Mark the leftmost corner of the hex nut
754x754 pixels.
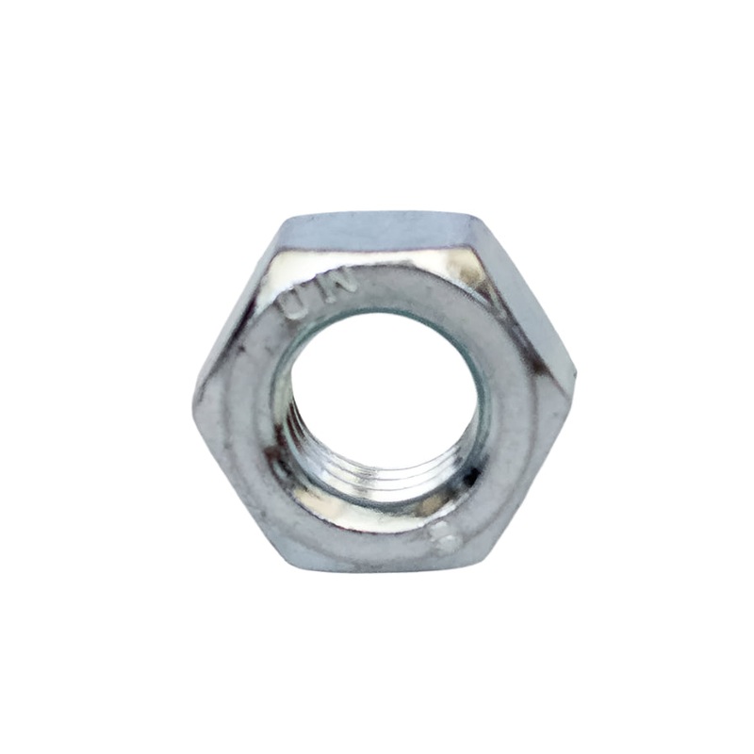[194, 391]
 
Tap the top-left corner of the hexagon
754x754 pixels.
[282, 219]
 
